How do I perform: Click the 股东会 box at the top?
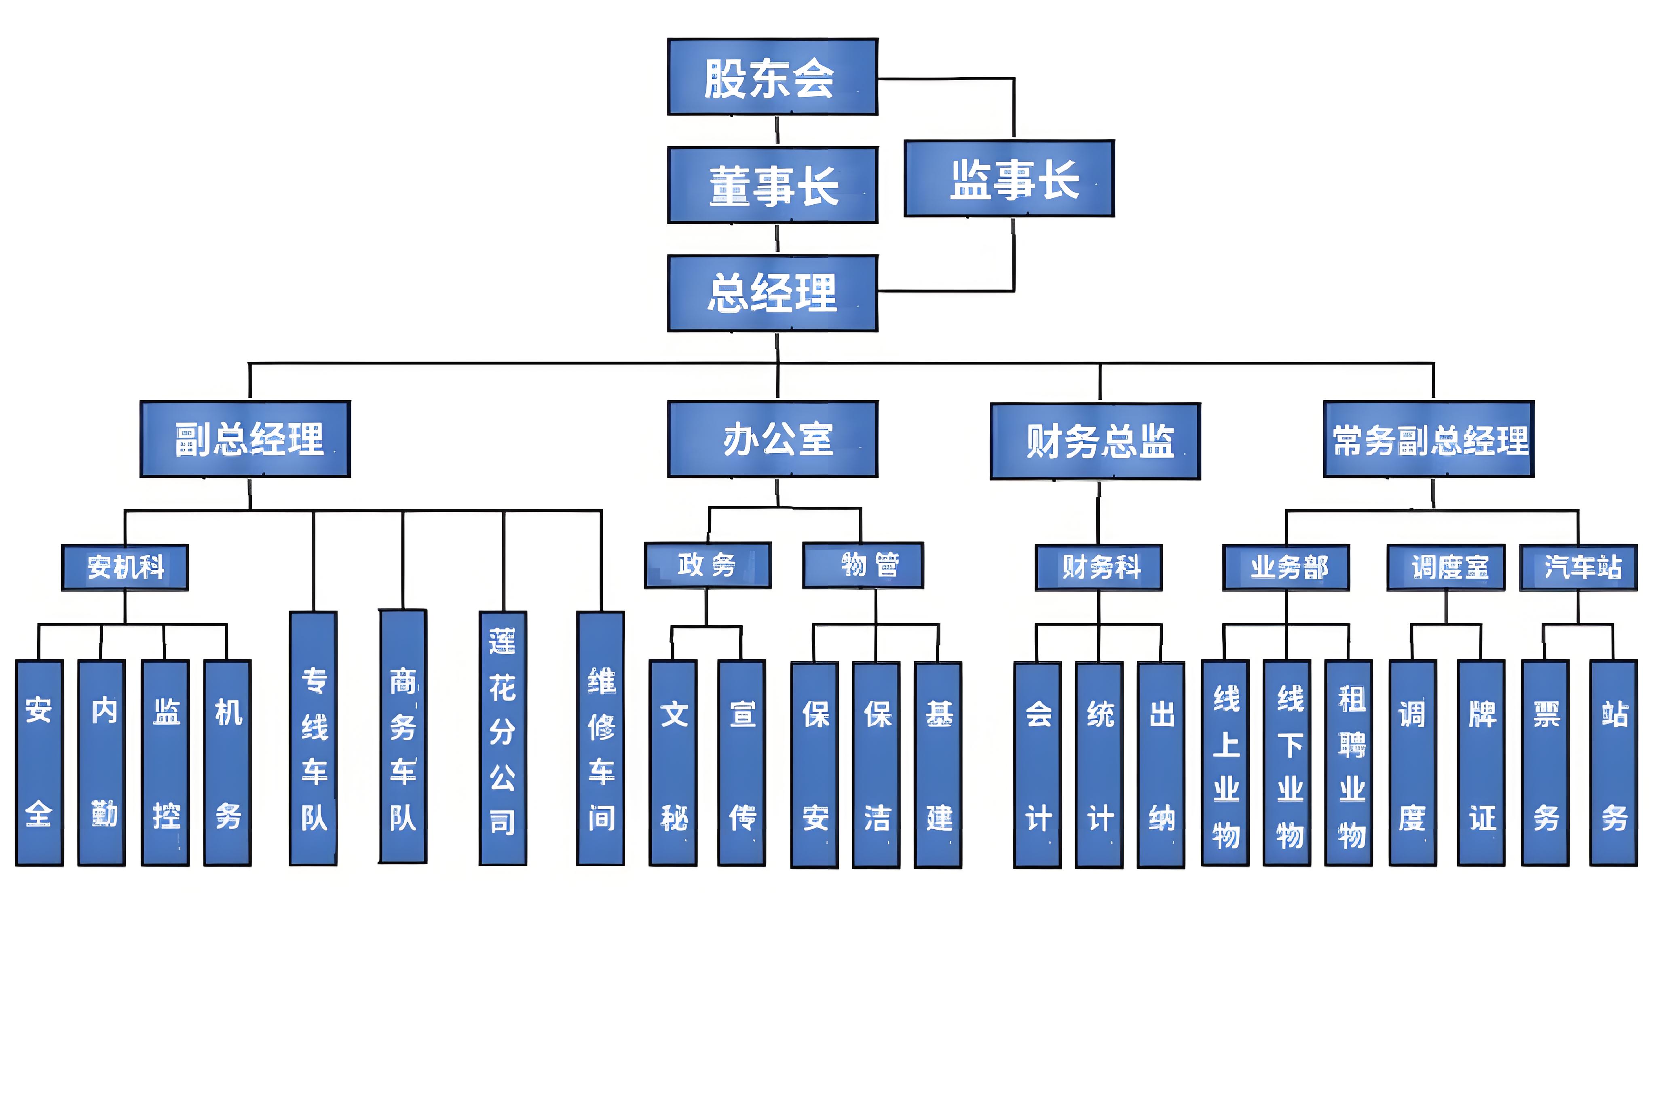click(x=773, y=77)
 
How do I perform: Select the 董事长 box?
click(x=773, y=185)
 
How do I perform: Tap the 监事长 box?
click(x=1009, y=178)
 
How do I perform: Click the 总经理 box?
click(x=773, y=293)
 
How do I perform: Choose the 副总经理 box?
click(x=245, y=439)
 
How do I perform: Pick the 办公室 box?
click(x=773, y=439)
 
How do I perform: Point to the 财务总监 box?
click(x=1095, y=441)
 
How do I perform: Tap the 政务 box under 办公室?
click(x=708, y=565)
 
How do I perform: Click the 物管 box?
click(x=863, y=565)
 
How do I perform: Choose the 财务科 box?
click(x=1098, y=568)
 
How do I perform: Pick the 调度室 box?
click(x=1446, y=568)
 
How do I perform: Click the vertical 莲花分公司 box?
click(x=503, y=738)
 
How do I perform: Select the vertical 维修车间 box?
click(x=601, y=738)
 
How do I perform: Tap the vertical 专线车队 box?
click(x=313, y=738)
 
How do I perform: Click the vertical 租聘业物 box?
click(x=1348, y=763)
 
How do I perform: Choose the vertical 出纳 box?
click(x=1161, y=764)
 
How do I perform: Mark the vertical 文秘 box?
click(x=673, y=763)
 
